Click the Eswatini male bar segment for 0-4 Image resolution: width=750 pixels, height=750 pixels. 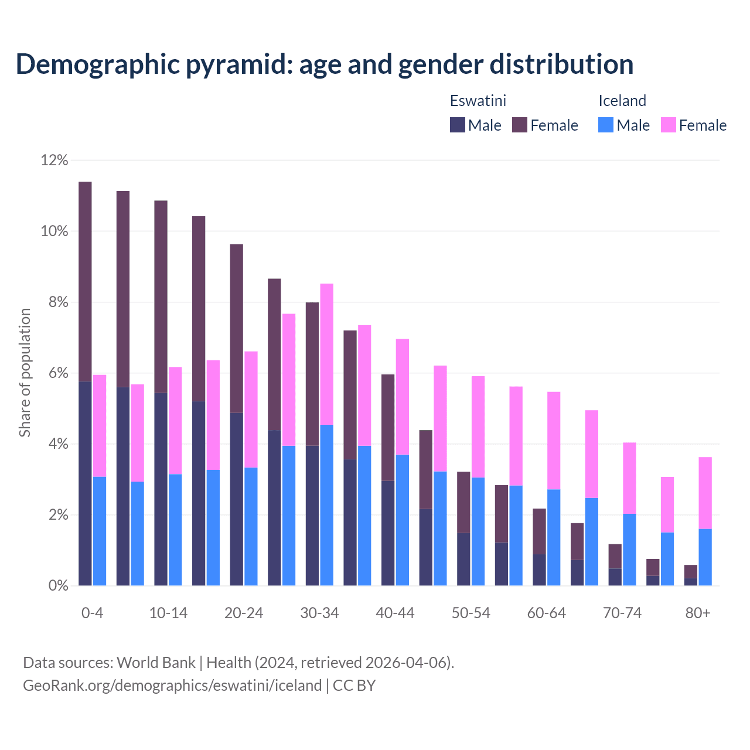(x=85, y=483)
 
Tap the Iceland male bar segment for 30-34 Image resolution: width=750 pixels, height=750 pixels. (x=326, y=505)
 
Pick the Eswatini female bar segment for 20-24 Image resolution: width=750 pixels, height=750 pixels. (x=236, y=328)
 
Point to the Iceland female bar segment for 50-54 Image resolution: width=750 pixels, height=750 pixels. (x=478, y=427)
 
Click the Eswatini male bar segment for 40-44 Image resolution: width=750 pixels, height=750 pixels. (x=388, y=533)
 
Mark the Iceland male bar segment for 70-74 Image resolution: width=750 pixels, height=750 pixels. (x=629, y=550)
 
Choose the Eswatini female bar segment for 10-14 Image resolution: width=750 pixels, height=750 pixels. (x=161, y=296)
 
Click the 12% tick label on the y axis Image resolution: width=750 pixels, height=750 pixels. (x=54, y=160)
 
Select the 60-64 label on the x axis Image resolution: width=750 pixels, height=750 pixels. (x=547, y=613)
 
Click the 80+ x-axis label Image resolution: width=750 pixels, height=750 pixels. (x=698, y=613)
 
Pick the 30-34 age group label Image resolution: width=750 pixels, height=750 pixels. (x=319, y=613)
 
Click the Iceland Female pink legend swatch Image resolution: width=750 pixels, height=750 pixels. (x=668, y=125)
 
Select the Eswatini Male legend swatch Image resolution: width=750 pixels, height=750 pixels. (x=457, y=125)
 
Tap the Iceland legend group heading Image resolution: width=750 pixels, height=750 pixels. (x=622, y=101)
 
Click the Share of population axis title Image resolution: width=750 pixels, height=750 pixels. (x=25, y=373)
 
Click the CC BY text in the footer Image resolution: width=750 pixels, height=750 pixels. (x=354, y=686)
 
